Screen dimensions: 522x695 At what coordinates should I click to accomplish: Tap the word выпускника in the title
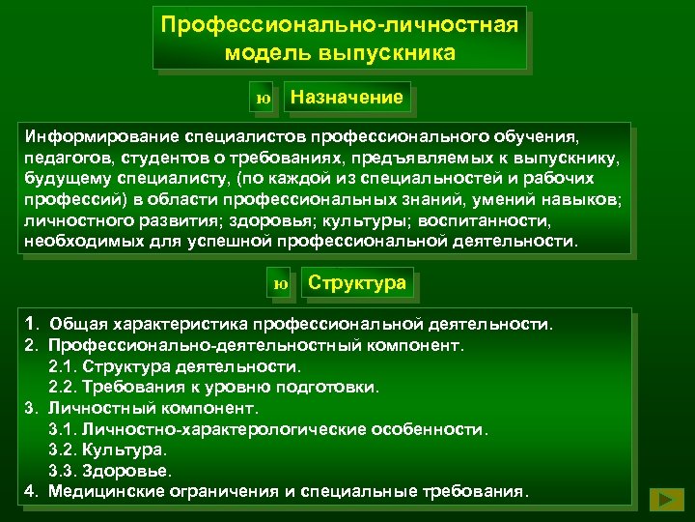(x=394, y=52)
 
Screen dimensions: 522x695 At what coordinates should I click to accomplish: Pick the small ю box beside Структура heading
(x=281, y=284)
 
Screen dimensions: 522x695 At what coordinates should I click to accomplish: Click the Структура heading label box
(x=356, y=283)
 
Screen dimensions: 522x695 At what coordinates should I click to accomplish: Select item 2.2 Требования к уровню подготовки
(x=213, y=387)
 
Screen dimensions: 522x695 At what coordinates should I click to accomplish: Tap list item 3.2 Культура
(x=107, y=449)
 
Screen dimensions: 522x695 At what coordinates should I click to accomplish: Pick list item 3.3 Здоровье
(x=110, y=471)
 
